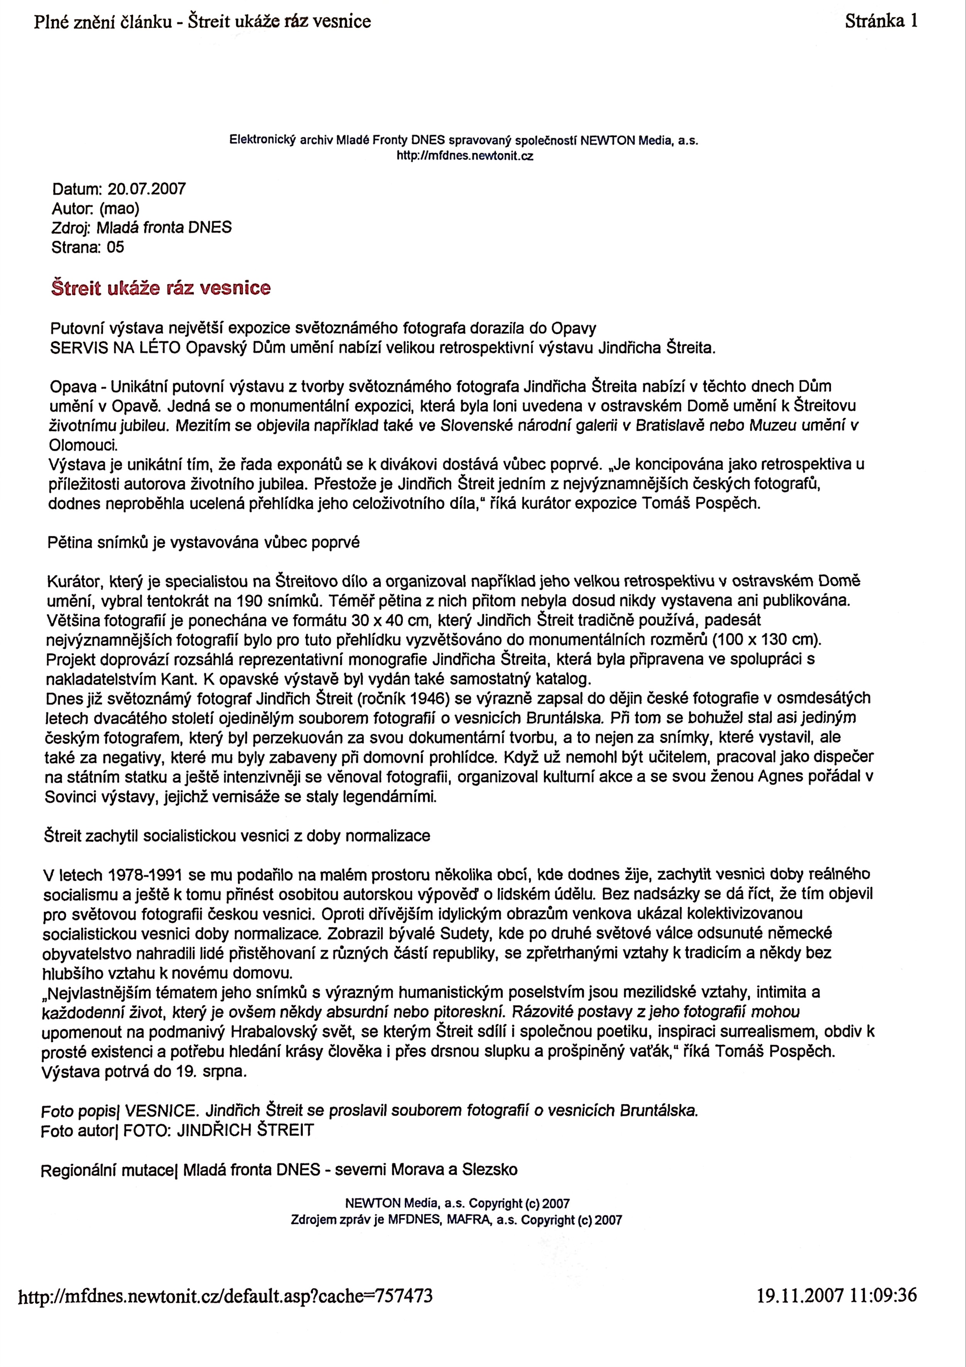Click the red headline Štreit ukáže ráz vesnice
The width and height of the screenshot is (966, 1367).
(161, 289)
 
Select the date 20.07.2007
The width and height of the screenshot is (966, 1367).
(147, 189)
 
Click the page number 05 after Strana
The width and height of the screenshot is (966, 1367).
(115, 247)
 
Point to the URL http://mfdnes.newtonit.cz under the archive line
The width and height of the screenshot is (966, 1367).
(464, 157)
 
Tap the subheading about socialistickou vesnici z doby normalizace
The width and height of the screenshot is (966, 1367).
(237, 836)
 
